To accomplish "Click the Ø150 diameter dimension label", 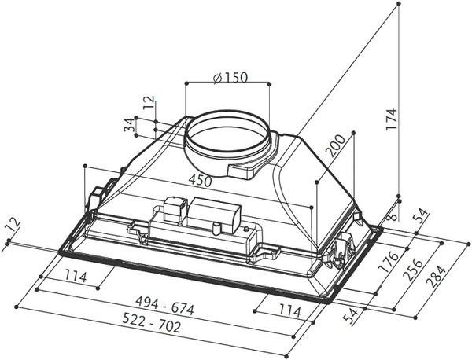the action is [x=230, y=78].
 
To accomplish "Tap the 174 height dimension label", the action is [x=392, y=119].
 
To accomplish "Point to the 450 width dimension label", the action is [x=200, y=181].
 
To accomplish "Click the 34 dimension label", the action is [x=130, y=125].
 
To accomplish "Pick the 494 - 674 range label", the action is [x=164, y=306].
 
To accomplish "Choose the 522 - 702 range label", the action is [x=152, y=323].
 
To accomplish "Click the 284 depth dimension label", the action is [x=436, y=277].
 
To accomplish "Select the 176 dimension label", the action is [x=389, y=263].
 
